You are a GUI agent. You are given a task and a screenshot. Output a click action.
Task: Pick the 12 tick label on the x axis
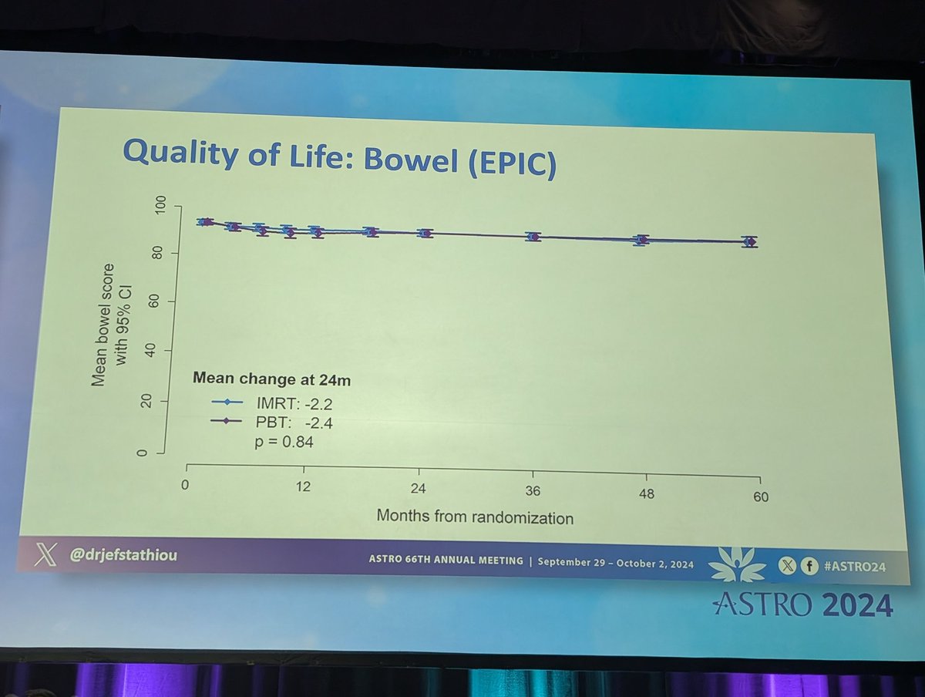point(304,487)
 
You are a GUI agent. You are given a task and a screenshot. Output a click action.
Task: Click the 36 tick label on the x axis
point(533,492)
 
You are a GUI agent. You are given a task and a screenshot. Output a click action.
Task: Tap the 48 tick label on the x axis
point(646,494)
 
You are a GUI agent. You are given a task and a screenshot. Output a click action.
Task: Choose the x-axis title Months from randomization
point(475,517)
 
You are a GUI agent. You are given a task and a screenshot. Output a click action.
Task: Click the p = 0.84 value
point(285,443)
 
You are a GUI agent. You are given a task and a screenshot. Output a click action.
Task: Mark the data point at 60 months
point(749,242)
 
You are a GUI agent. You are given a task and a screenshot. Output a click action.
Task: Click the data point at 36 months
point(533,236)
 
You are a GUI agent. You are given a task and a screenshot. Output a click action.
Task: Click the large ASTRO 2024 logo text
point(803,604)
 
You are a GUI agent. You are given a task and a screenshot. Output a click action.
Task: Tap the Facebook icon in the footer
point(810,566)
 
